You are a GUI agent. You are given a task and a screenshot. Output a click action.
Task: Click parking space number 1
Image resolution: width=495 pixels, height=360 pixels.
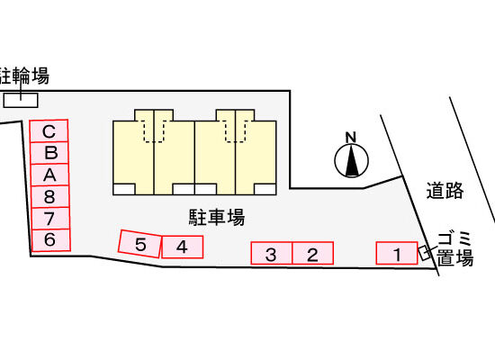[397, 253]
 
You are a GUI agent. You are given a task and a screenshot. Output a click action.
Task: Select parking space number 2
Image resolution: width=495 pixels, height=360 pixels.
[313, 253]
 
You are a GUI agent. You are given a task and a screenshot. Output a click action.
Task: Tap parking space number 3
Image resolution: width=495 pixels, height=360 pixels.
[272, 253]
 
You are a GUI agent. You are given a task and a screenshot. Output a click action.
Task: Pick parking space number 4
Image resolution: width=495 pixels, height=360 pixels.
[182, 247]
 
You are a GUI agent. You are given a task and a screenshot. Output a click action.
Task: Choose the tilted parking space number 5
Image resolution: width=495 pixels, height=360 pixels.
[139, 244]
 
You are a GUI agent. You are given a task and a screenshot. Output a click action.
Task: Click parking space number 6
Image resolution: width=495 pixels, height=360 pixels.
[50, 240]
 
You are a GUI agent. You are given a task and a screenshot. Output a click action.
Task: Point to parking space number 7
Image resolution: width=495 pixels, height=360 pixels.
[50, 218]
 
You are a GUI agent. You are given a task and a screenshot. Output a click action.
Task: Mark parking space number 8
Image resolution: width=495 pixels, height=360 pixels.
[49, 196]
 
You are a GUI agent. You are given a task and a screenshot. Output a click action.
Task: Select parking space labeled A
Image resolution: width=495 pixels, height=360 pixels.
[49, 175]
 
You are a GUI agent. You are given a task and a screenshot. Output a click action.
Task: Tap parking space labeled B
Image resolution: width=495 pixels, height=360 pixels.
[49, 153]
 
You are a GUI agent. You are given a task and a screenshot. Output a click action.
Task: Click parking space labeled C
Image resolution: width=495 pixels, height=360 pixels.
[49, 131]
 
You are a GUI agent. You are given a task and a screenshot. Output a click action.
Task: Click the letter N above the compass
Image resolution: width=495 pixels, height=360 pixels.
[351, 138]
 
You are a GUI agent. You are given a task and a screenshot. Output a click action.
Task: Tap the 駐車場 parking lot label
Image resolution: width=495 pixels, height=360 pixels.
[217, 217]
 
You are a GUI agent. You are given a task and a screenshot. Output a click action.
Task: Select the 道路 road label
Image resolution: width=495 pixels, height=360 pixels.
[445, 191]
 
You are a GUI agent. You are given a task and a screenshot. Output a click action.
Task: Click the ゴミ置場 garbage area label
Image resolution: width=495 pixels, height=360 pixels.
[454, 248]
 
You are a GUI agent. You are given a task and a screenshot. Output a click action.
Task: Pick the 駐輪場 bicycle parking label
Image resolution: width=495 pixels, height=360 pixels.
[24, 76]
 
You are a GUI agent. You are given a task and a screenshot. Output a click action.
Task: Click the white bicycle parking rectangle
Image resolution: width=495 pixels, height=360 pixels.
[21, 100]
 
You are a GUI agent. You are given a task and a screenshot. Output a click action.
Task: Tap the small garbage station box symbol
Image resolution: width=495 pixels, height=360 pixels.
[425, 253]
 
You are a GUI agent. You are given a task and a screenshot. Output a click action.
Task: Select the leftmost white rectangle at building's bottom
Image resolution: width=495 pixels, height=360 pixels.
[124, 189]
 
